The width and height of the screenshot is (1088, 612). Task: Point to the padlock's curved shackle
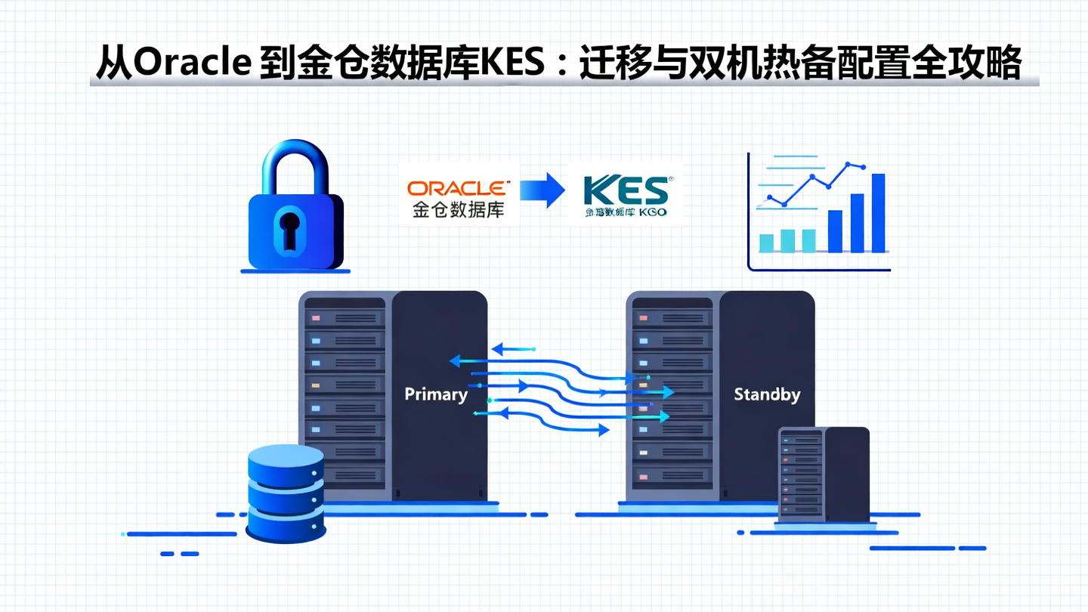(295, 163)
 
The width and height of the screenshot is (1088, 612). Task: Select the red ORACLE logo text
(458, 189)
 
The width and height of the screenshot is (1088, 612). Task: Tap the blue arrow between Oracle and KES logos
(542, 190)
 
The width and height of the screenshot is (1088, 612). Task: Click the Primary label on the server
(436, 394)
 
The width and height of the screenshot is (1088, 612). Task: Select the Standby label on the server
(767, 394)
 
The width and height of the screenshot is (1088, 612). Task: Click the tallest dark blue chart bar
(878, 212)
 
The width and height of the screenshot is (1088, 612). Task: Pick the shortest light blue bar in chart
(766, 243)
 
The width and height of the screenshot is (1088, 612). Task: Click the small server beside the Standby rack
(824, 474)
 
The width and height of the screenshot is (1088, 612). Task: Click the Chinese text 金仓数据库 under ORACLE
(458, 209)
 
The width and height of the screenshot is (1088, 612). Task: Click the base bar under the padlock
(295, 270)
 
